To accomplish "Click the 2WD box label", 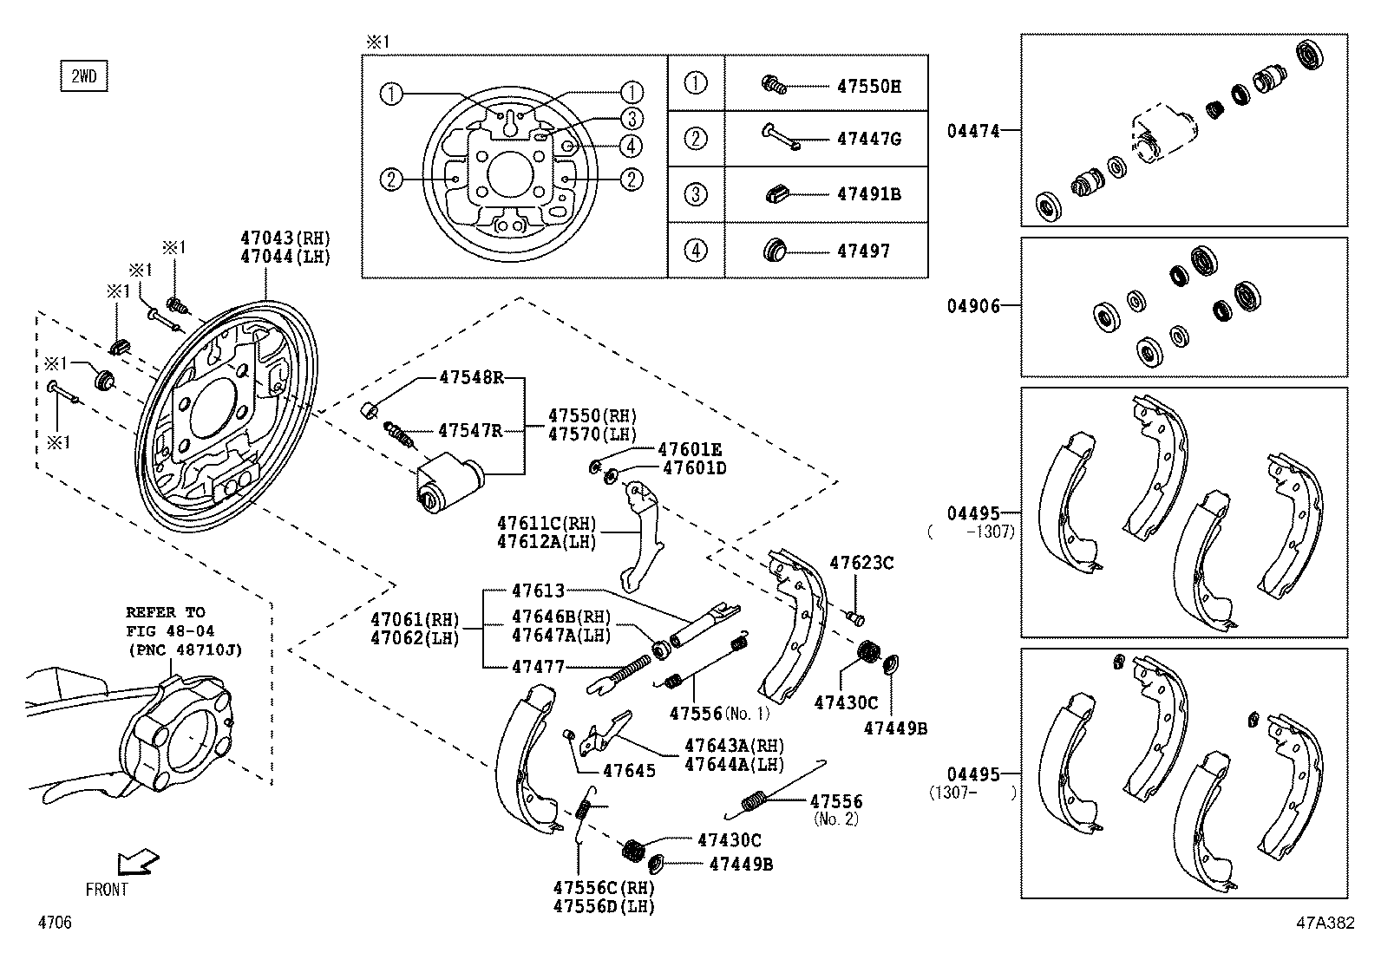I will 84,77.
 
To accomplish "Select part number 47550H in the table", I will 868,86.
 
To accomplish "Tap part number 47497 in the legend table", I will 863,251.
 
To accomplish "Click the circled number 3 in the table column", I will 696,194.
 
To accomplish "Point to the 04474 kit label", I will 973,131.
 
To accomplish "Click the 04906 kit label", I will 973,306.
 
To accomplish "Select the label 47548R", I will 471,377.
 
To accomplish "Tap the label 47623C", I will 861,563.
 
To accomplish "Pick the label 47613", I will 537,591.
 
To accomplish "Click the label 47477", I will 537,667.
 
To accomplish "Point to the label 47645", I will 629,770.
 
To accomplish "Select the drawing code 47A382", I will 1324,924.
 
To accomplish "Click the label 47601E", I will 690,449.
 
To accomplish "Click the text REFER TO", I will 166,612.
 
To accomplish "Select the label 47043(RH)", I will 285,238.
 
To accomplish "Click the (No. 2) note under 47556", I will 835,819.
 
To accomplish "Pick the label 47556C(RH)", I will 604,888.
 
